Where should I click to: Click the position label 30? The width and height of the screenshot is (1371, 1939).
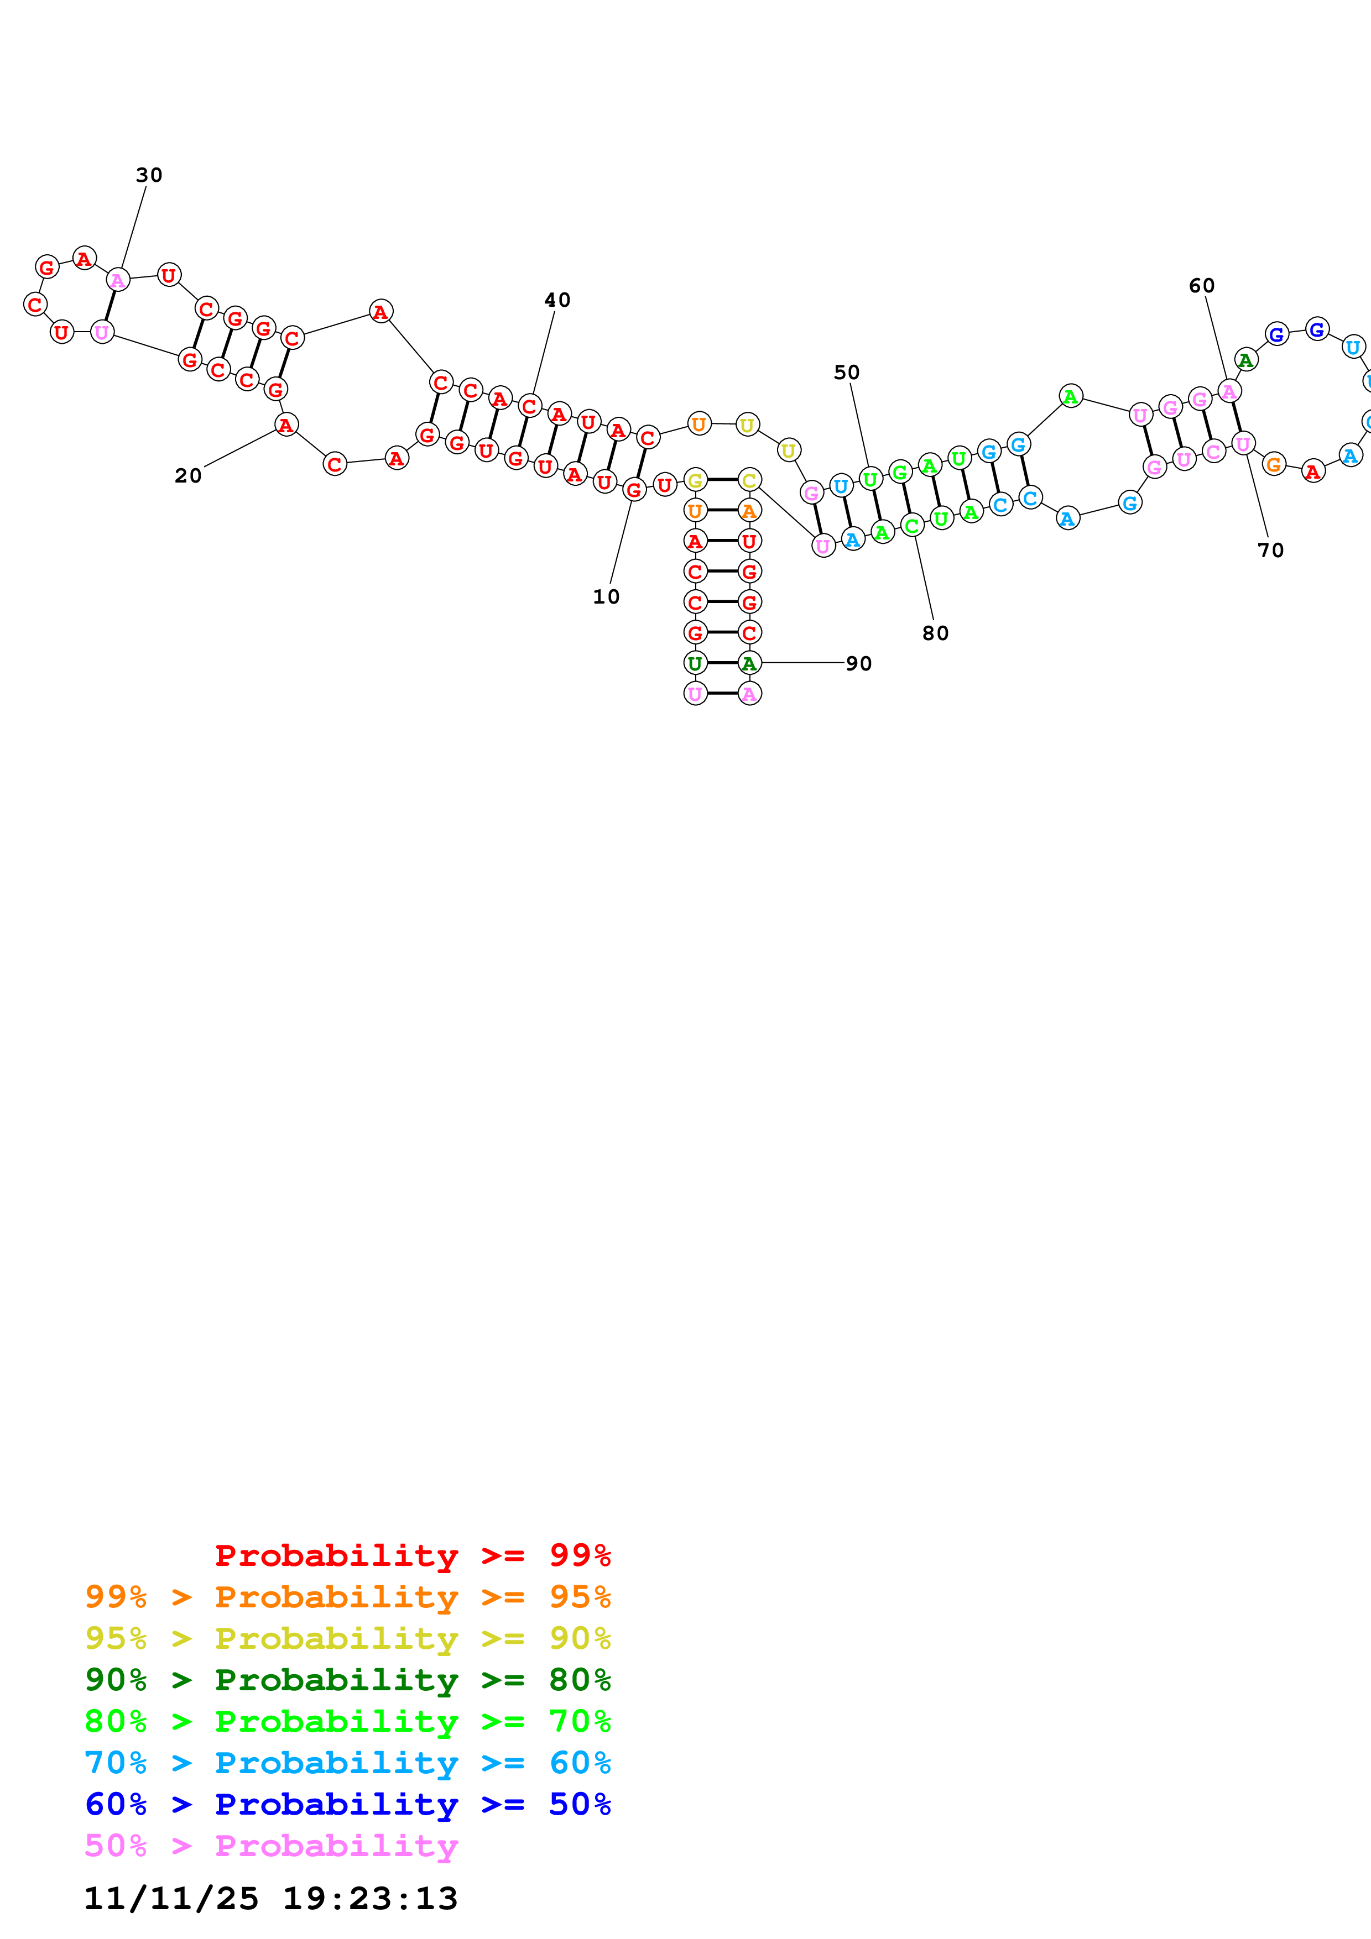[149, 175]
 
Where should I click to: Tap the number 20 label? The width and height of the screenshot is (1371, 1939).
[189, 475]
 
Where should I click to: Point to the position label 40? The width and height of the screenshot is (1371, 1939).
[557, 300]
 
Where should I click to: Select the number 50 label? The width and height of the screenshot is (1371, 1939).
[846, 373]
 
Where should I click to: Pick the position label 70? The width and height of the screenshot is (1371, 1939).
[1270, 551]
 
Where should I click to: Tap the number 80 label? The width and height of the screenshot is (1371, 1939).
[935, 633]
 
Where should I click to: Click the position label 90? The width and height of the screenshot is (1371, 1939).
[858, 664]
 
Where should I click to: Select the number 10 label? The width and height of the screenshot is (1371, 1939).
[606, 597]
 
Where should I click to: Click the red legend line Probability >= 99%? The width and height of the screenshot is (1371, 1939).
[412, 1555]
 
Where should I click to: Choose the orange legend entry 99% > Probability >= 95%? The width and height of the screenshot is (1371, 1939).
[347, 1597]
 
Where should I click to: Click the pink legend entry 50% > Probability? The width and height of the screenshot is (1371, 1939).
[270, 1845]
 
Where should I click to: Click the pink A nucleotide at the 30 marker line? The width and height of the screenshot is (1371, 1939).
[117, 280]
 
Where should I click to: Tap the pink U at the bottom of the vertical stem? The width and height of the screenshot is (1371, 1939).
[695, 693]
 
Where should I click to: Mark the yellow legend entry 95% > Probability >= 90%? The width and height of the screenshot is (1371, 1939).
[347, 1638]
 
